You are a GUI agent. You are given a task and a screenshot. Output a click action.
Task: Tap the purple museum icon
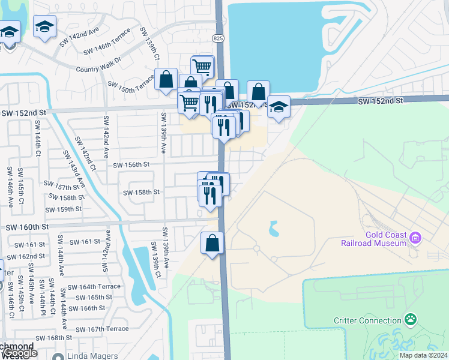tap(415, 239)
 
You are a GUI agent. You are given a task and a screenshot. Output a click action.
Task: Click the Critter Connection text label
tap(367, 320)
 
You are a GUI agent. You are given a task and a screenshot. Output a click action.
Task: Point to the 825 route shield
tap(218, 38)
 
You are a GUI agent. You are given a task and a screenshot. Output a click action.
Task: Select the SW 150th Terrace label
tap(131, 84)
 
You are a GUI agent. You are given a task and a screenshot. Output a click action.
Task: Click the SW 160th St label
tap(27, 227)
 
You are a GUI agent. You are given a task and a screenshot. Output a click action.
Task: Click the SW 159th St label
tap(64, 209)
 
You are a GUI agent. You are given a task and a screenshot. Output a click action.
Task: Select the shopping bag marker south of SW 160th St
tap(212, 244)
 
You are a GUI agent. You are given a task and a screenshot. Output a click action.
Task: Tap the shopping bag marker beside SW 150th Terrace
tap(166, 79)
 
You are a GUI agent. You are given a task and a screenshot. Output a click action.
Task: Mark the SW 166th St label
tap(87, 308)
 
